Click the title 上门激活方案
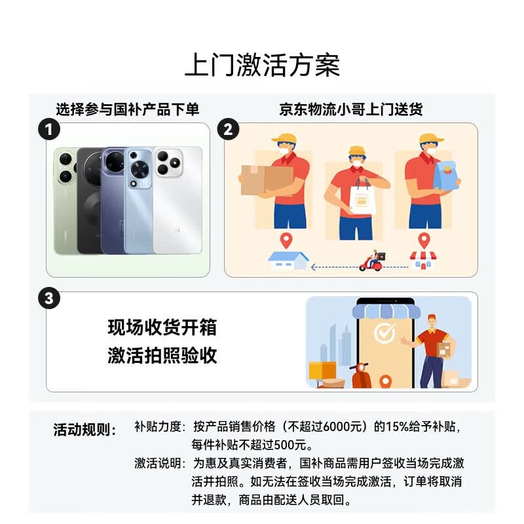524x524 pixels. click(x=263, y=65)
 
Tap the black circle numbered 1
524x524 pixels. click(x=48, y=130)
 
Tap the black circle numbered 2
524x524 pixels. click(x=228, y=129)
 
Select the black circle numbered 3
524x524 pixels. click(x=49, y=298)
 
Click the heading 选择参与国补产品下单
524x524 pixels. click(x=128, y=109)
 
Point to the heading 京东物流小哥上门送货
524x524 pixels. click(x=351, y=109)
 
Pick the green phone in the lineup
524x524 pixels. click(x=65, y=200)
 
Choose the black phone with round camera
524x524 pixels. click(x=90, y=200)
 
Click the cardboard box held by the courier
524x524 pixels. click(x=267, y=179)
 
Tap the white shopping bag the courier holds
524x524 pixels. click(x=362, y=198)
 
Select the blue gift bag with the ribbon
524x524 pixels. click(x=446, y=176)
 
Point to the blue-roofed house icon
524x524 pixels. click(x=288, y=261)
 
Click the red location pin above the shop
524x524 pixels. click(x=424, y=240)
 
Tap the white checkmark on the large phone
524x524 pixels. click(x=384, y=332)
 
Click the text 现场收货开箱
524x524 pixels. click(x=162, y=327)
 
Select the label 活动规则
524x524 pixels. click(x=84, y=430)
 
